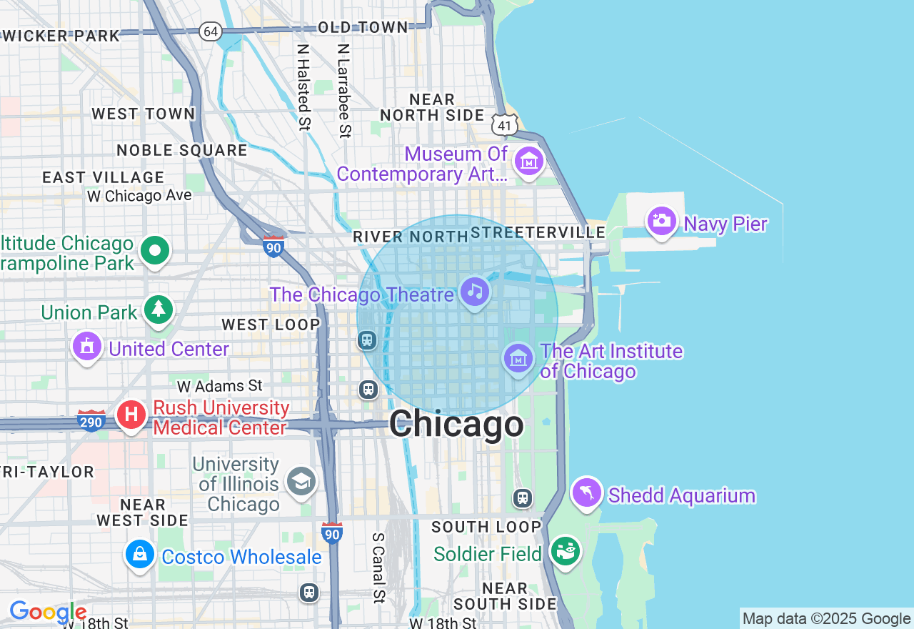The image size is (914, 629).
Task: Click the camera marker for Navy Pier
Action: pos(661,221)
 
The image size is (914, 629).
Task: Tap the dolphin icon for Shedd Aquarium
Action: pos(587,492)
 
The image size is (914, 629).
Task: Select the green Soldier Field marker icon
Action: pos(566,552)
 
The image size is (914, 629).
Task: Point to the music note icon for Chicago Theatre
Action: pos(475,292)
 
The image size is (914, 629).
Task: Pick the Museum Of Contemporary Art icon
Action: pos(529,162)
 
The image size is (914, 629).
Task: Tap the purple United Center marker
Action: pos(87,347)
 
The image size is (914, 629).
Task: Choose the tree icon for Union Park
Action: pos(159,310)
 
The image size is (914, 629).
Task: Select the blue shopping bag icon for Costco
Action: pos(141,555)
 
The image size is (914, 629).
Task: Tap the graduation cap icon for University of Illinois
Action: pos(301,482)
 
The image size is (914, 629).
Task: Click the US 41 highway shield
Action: pos(505,125)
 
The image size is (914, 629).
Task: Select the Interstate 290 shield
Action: pos(91,422)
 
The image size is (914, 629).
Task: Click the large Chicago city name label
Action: pos(456,425)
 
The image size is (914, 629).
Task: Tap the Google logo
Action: pos(48,612)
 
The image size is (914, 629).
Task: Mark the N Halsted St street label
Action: pos(304,86)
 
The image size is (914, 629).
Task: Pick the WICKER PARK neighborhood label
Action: pos(61,36)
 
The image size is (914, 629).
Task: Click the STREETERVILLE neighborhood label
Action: pos(538,232)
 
